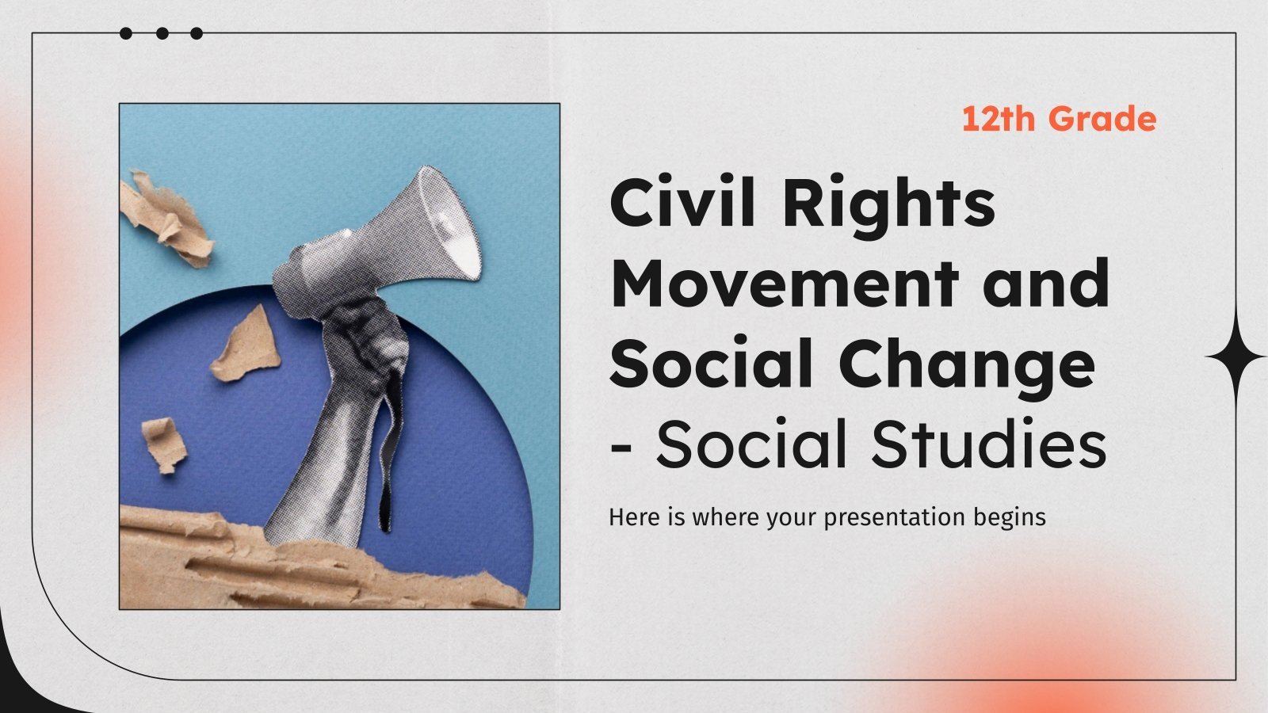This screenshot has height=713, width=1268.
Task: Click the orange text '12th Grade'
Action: tap(1059, 119)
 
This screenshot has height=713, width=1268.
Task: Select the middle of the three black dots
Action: tap(162, 33)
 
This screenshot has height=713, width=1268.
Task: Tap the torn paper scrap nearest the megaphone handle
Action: tap(246, 345)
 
